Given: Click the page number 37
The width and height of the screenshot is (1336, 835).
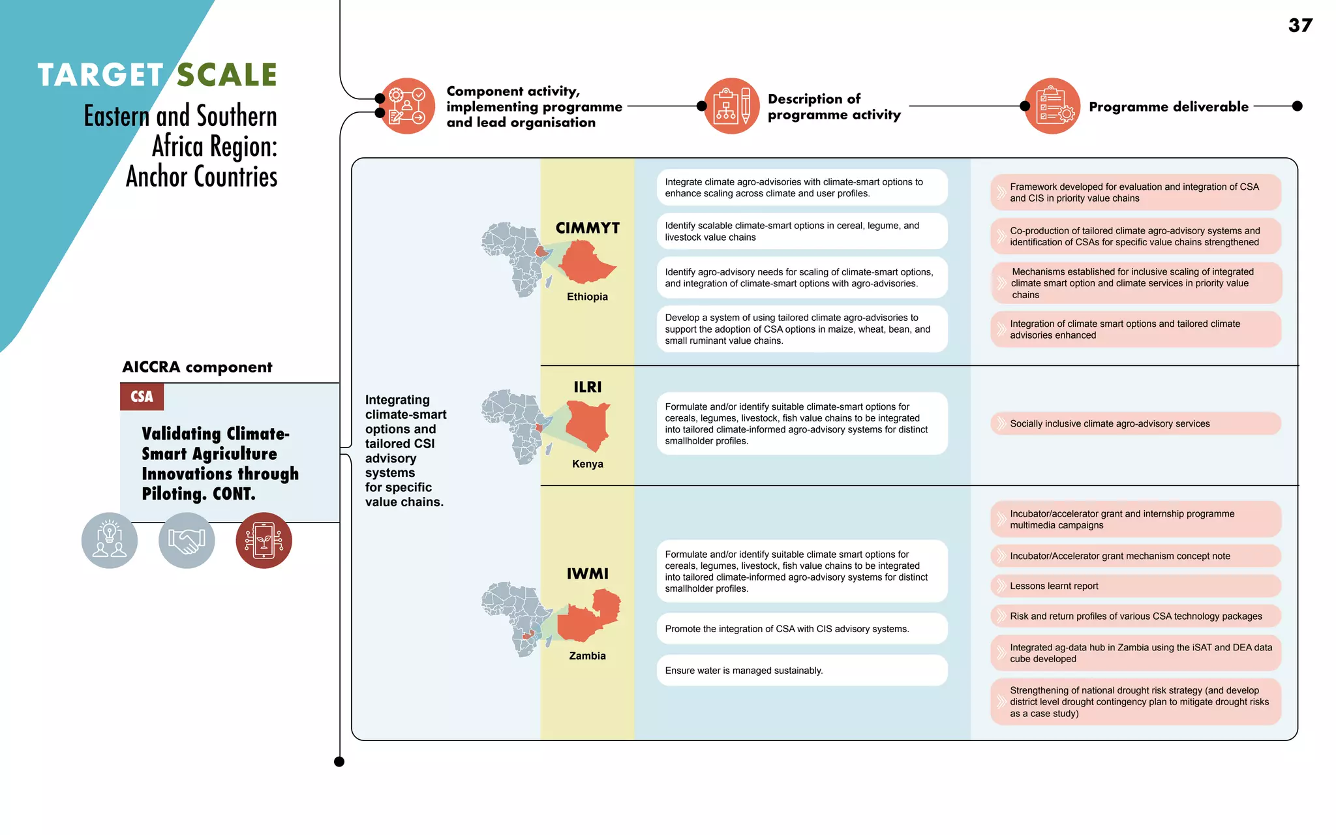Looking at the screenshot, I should coord(1300,25).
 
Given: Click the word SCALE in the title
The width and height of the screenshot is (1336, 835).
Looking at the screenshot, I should coord(227,75).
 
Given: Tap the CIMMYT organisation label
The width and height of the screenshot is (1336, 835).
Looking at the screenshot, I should coord(587,228).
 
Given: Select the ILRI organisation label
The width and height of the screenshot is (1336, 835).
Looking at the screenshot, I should coord(587,387).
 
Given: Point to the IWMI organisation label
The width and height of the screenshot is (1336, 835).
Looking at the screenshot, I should coord(587,574).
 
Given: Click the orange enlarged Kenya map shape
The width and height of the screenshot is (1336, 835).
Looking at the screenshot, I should coord(586,424).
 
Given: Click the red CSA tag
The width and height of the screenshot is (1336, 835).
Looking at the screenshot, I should coord(142,397).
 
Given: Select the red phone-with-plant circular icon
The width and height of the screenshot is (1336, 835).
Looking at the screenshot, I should coord(264,540).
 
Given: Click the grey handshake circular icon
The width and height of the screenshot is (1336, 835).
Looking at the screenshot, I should coord(187,540).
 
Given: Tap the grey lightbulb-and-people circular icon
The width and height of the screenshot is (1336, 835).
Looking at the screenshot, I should coord(110,540).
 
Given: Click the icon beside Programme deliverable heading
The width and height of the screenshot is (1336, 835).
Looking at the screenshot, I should coord(1052,106).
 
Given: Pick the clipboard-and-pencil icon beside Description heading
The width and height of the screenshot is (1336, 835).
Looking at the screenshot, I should coord(731,106).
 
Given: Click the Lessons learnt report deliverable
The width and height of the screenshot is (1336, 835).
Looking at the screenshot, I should coord(1135,586).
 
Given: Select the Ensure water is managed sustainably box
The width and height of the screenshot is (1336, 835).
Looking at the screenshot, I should coord(802,671).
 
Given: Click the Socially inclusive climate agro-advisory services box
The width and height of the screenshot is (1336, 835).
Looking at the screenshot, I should coord(1135,423).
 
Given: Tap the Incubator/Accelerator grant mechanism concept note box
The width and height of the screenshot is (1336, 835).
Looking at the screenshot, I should coord(1135,556).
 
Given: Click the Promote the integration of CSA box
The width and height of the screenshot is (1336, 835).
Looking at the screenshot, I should coord(802,629).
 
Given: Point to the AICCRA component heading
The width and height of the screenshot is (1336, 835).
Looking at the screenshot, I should coord(197,367).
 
